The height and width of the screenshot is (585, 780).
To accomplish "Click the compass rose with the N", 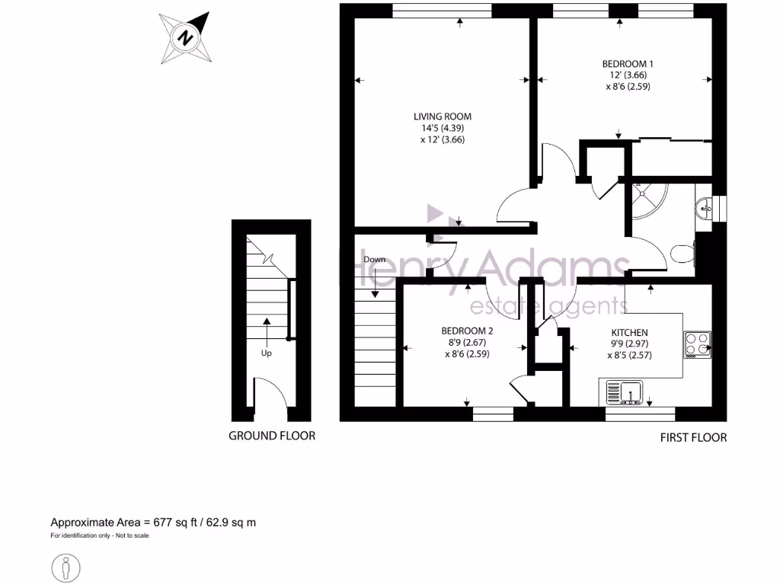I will click(184, 37).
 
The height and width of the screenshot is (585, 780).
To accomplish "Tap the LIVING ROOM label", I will click(443, 117).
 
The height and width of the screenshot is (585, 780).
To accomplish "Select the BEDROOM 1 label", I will click(628, 64).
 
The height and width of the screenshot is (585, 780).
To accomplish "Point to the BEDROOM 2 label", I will click(467, 331).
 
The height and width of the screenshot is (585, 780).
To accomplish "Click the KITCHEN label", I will click(629, 333).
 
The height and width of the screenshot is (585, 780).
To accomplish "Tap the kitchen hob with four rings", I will click(697, 344).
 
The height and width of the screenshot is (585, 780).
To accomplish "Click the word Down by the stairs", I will click(374, 260).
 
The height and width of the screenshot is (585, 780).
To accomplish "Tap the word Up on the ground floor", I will click(267, 353).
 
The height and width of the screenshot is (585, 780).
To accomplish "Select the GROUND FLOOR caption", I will click(272, 436).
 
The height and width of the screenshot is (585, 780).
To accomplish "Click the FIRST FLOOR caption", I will click(693, 438).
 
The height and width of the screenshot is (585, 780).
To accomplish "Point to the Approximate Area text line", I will click(153, 523).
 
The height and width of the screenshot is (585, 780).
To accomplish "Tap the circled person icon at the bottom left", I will click(66, 568).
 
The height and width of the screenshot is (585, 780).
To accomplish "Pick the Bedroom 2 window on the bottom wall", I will click(493, 414).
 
